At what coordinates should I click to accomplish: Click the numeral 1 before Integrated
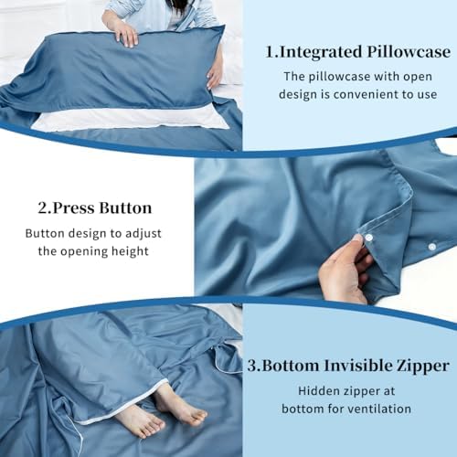pyautogui.click(x=271, y=52)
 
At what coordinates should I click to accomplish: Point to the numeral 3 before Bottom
pyautogui.click(x=252, y=366)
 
